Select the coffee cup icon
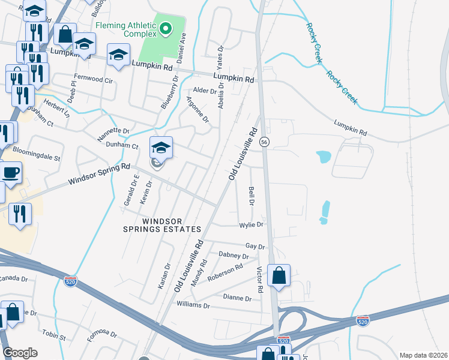pos(10,174)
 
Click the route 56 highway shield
pos(264,142)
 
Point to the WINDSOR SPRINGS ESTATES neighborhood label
pos(161,225)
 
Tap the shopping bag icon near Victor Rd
pos(279,277)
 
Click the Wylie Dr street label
pos(251,225)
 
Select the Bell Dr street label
pos(252,196)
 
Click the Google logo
pos(20,353)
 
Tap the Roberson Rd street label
pos(224,273)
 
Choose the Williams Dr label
pos(193,305)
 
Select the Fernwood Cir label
pos(93,79)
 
